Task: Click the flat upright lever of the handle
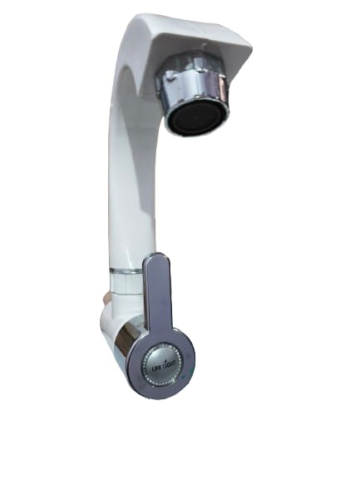158,292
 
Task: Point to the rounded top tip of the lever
158,255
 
